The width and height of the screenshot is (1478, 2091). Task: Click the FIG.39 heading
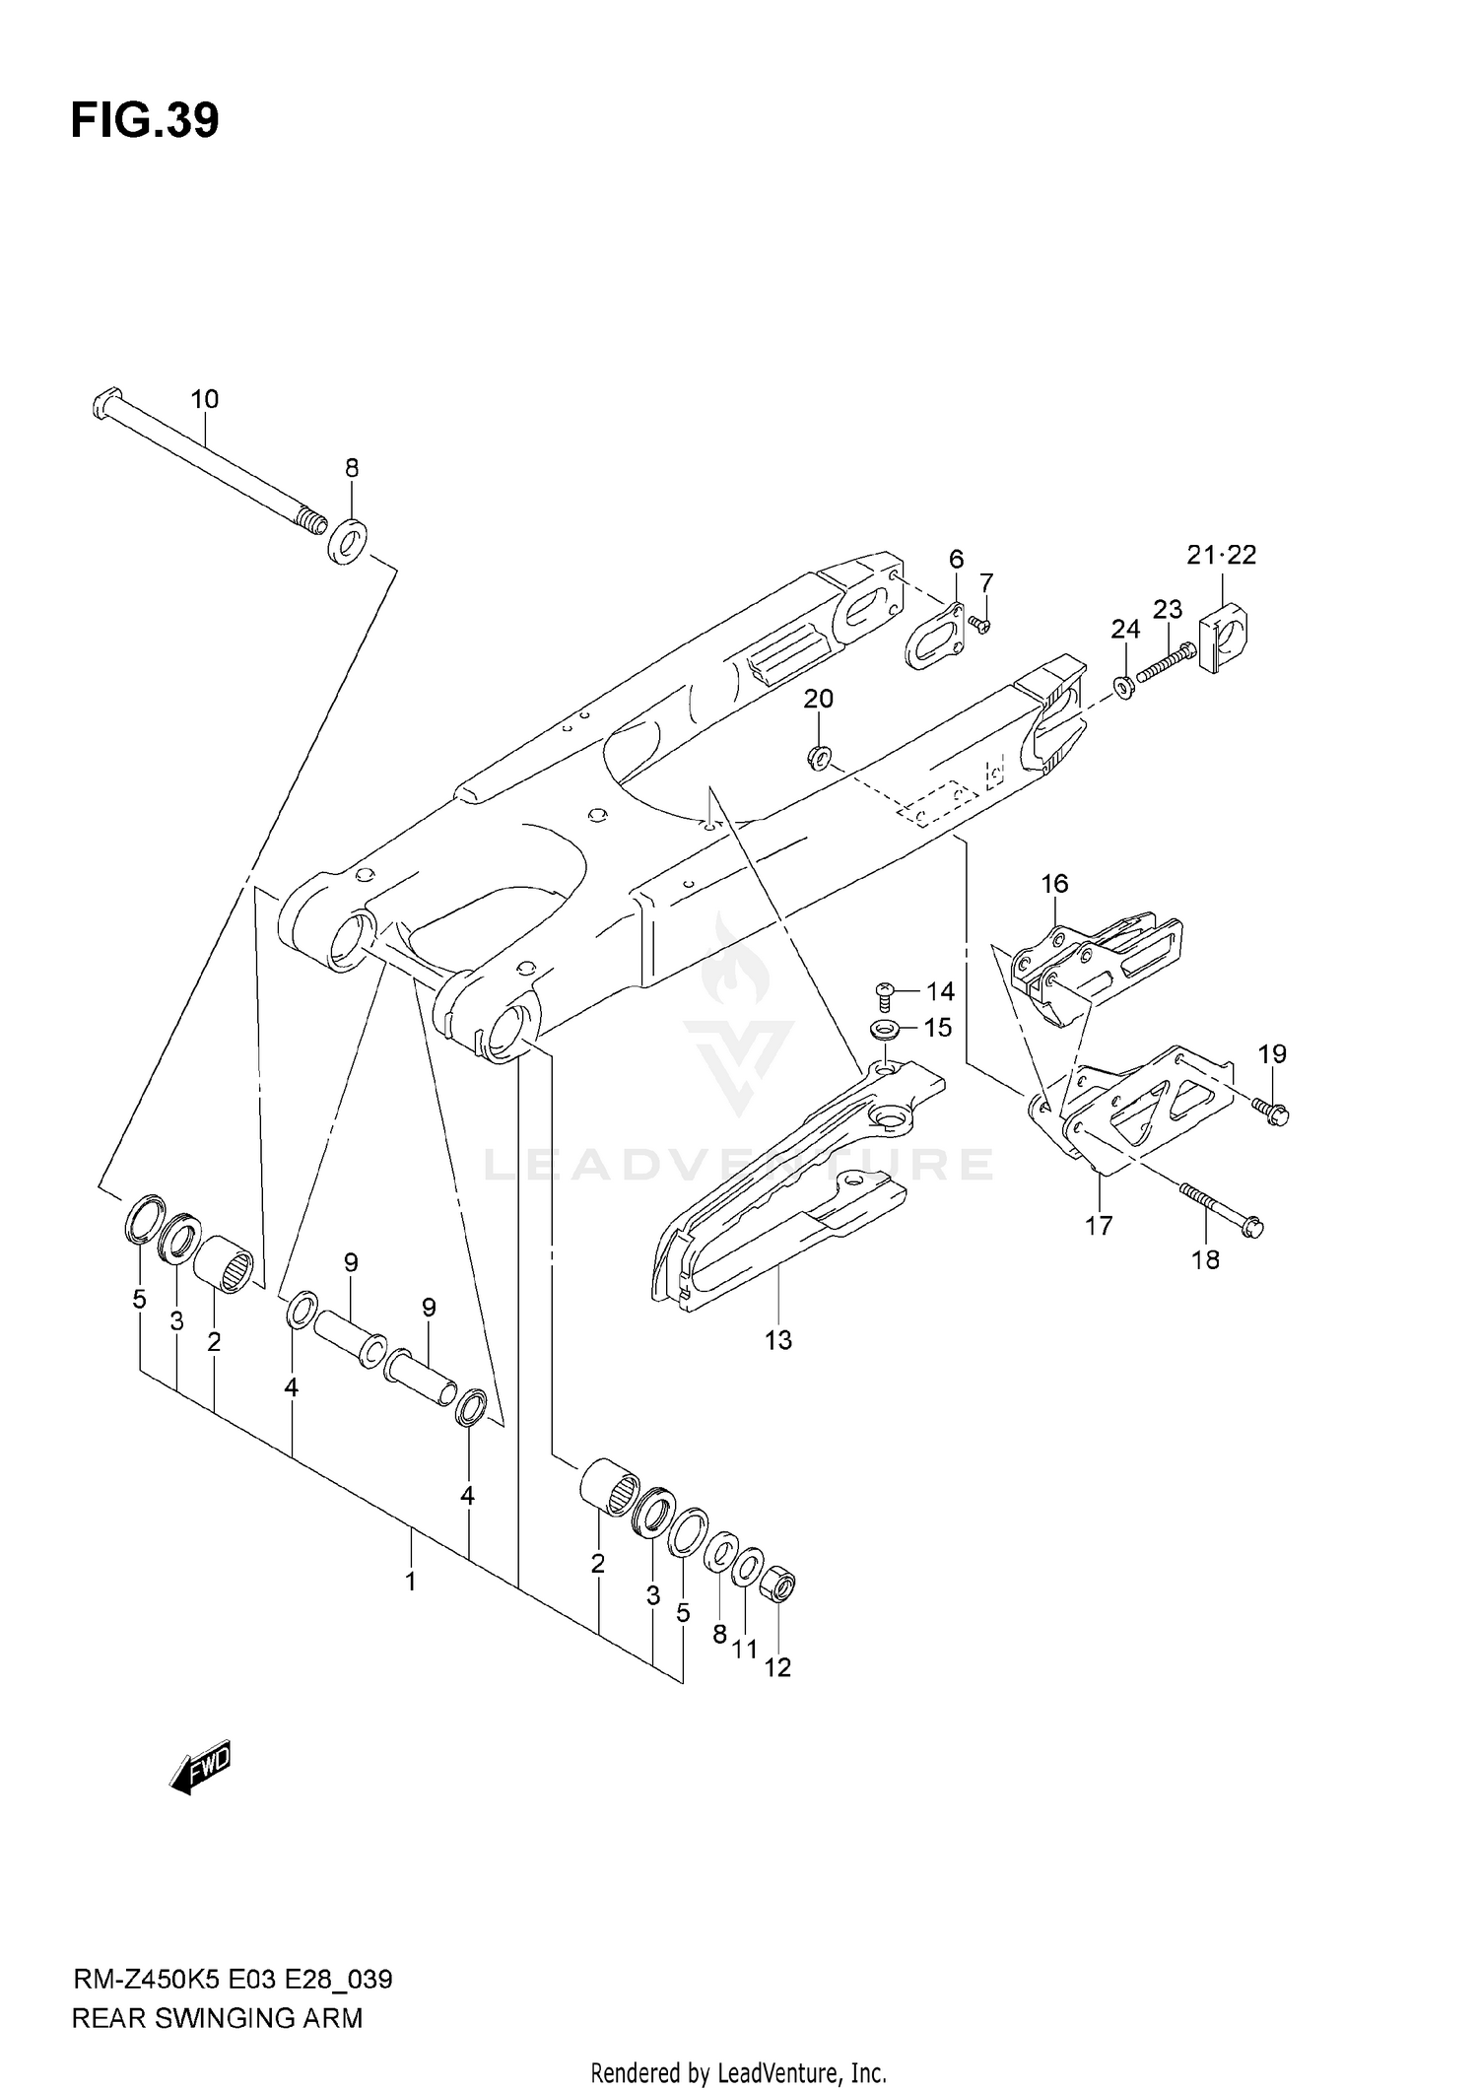145,120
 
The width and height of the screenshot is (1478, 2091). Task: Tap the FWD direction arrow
200,1766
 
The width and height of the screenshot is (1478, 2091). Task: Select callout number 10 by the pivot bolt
204,399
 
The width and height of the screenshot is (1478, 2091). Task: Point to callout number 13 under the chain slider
777,1340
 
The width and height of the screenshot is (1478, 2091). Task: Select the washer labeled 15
883,1030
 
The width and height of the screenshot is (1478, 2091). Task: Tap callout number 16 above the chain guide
1054,884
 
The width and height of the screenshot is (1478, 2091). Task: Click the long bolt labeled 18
1220,1208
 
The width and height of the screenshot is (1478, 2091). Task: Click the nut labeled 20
818,757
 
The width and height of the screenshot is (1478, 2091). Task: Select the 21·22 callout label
1221,555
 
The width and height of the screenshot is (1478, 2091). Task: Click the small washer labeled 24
1123,685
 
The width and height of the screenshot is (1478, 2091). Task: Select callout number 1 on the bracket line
410,1583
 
